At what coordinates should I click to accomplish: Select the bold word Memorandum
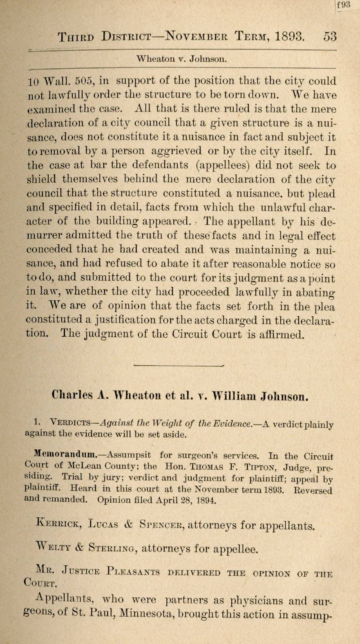[65, 454]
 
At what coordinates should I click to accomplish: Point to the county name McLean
[85, 465]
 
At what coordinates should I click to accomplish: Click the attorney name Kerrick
[58, 524]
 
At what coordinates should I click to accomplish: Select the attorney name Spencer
[161, 525]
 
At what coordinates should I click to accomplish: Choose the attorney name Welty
[53, 548]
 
